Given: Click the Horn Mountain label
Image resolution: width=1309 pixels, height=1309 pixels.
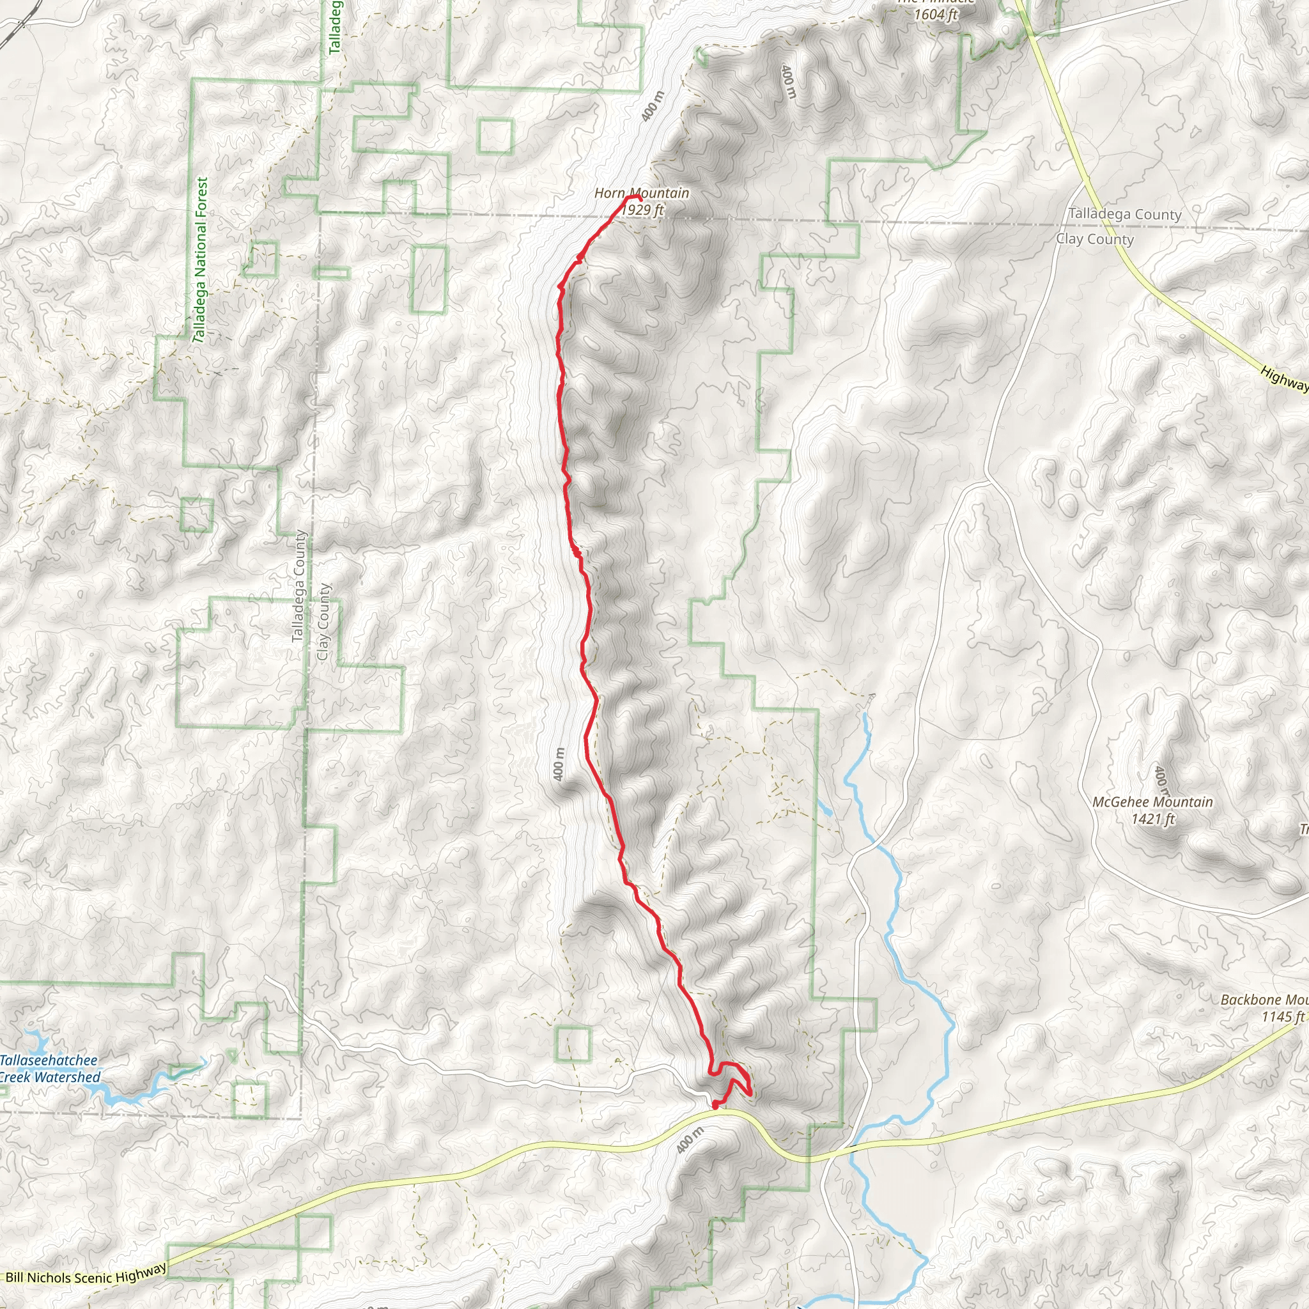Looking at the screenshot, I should pos(641,193).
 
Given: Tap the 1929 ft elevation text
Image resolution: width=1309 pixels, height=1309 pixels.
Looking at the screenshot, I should pos(642,210).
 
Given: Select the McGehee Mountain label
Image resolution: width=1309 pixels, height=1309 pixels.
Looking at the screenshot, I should pos(1152,802).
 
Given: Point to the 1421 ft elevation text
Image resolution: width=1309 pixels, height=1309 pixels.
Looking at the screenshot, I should pos(1152,819).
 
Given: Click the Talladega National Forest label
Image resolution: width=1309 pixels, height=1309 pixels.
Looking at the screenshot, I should pos(201,259).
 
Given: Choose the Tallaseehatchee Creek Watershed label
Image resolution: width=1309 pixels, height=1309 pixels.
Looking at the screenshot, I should pos(49,1069).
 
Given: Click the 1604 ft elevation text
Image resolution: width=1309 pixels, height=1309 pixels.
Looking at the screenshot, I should pos(936,14).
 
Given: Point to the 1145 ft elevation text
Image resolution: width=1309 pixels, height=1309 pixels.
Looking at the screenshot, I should pos(1283,1016).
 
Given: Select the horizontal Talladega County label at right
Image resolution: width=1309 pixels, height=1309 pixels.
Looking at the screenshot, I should pos(1125,214).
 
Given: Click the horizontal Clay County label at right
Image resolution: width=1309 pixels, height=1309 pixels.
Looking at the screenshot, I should pos(1094,238).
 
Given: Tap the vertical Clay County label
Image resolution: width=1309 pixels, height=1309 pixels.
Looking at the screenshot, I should pos(323,622).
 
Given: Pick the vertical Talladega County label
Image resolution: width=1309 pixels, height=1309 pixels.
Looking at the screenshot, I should pos(298,585).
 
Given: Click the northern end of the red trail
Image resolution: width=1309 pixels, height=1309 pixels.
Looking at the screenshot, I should pos(637,198).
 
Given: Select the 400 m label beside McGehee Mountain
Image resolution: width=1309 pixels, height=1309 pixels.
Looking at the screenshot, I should pos(1161,780).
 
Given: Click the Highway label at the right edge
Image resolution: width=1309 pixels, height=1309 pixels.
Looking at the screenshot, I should pos(1284,378).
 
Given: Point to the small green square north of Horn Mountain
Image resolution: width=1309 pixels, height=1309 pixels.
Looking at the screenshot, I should pos(495,136).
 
